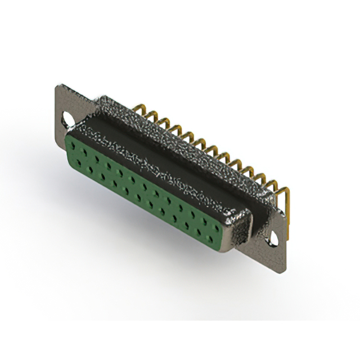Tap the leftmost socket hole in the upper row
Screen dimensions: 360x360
click(x=74, y=145)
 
